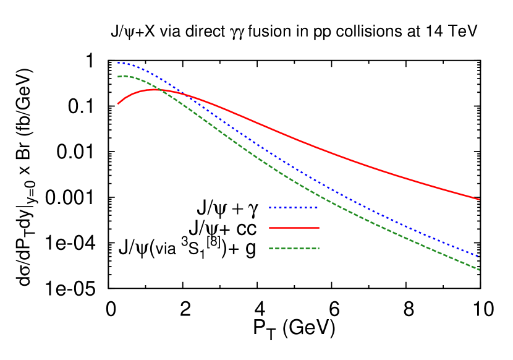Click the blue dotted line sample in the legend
[x=294, y=207]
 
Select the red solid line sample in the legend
[x=294, y=228]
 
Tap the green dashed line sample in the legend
[x=294, y=248]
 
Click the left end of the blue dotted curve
[x=118, y=62]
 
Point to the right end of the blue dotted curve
[x=479, y=256]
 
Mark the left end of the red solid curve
[x=118, y=103]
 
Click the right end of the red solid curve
[x=479, y=199]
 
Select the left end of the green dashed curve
[x=118, y=77]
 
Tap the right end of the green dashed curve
[x=479, y=270]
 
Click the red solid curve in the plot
[x=309, y=145]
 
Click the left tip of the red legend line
[x=269, y=228]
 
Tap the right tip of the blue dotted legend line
[x=318, y=207]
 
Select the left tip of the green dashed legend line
[x=269, y=248]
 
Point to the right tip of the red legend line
[x=319, y=228]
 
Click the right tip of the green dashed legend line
[x=319, y=248]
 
